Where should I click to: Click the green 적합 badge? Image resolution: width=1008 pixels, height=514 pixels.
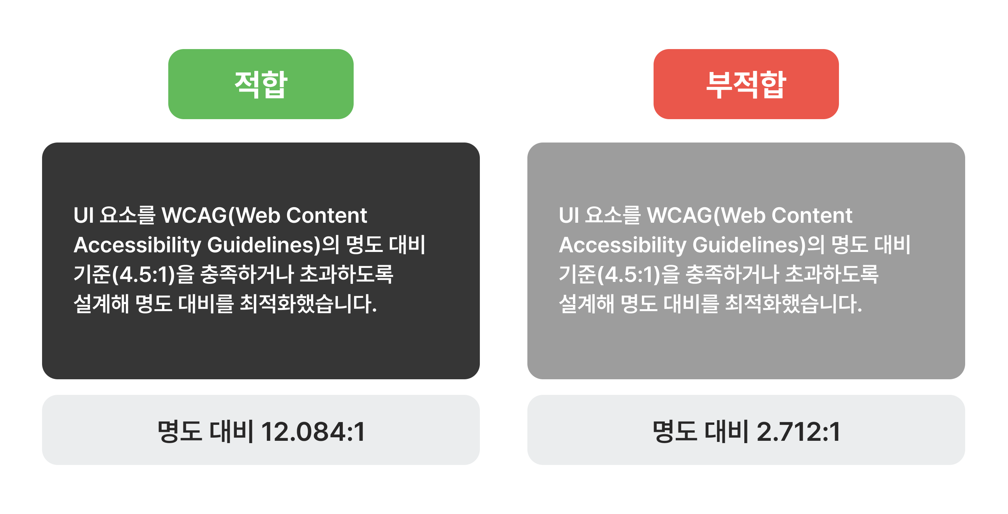(261, 84)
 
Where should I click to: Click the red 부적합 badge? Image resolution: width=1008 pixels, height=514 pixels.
(746, 84)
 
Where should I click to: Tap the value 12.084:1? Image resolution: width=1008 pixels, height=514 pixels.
(313, 432)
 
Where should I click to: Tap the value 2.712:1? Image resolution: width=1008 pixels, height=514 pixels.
(798, 432)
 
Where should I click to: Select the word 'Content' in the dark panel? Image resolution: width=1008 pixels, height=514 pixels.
(327, 216)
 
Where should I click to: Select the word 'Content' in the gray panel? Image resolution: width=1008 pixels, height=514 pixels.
(812, 216)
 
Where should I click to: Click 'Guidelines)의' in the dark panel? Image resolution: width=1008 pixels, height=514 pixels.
(273, 245)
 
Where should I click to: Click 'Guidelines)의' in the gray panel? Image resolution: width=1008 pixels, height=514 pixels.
(758, 245)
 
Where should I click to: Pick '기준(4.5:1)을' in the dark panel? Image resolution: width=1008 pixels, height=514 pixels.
(134, 274)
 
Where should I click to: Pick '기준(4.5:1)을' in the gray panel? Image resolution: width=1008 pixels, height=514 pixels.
(619, 274)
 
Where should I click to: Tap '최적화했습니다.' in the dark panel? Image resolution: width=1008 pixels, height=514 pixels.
(308, 304)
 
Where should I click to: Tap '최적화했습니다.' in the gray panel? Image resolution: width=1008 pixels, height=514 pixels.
(793, 304)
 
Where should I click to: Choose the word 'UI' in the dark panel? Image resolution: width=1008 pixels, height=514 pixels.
(84, 216)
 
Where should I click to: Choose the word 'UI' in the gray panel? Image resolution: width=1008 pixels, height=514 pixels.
(569, 216)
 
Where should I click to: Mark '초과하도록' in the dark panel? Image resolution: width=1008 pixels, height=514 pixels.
(346, 274)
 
